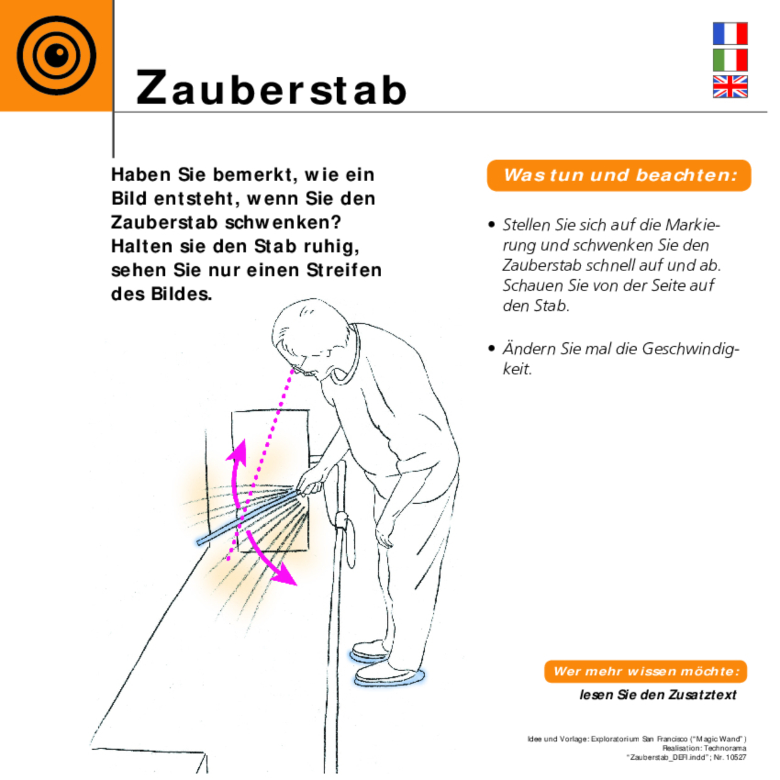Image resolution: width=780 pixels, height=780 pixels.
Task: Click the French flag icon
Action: (730, 33)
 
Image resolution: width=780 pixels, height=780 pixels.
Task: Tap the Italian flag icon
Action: (730, 60)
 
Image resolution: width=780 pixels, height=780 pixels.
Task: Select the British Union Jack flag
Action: (730, 87)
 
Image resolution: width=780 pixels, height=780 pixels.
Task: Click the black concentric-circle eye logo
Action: (56, 55)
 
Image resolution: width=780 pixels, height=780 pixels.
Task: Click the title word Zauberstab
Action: (271, 89)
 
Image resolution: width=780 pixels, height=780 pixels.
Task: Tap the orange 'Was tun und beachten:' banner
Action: (619, 175)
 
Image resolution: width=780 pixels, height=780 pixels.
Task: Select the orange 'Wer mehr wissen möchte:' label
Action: (645, 671)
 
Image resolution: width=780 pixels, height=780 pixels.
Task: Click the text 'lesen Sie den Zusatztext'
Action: (657, 695)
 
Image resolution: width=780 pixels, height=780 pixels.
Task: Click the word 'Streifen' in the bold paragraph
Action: (344, 270)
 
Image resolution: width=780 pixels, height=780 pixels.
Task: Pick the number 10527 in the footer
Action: (735, 757)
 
